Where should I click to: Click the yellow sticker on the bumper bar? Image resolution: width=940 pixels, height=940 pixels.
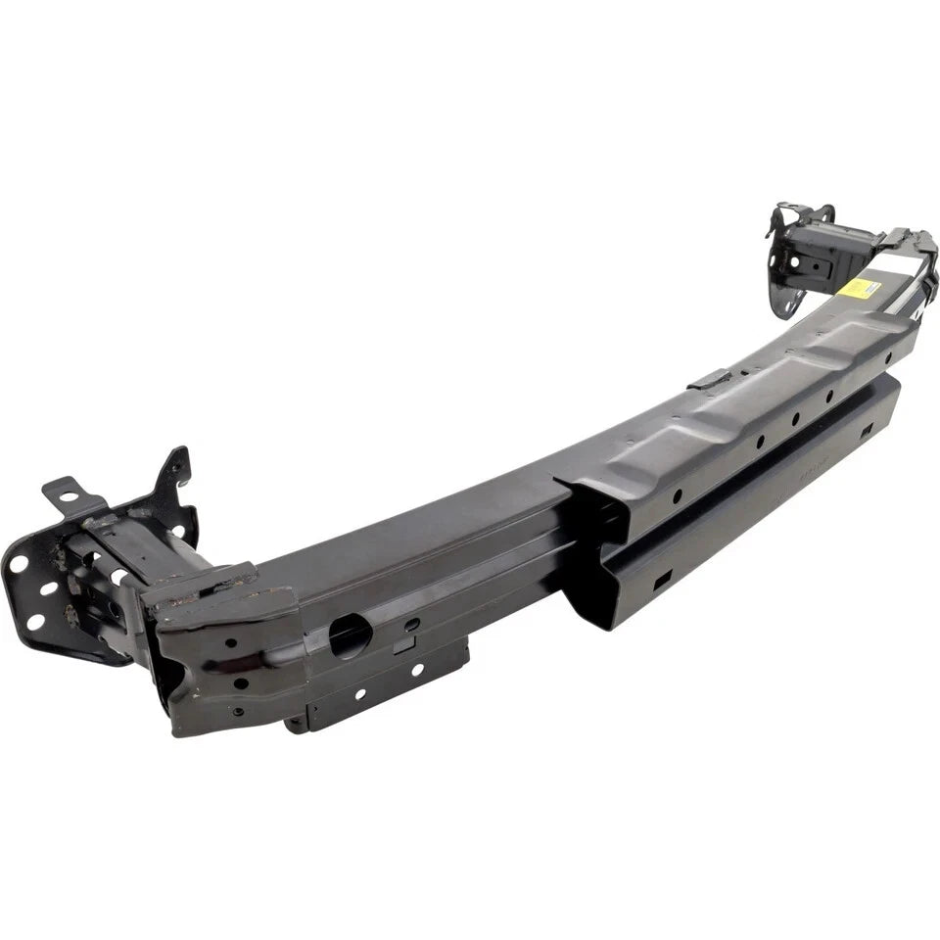click(x=859, y=287)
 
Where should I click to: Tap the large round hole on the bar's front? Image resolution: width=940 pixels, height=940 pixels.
click(x=350, y=636)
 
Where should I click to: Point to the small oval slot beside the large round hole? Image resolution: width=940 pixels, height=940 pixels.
click(x=412, y=623)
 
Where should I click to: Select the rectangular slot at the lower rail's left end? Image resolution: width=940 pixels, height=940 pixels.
click(x=663, y=582)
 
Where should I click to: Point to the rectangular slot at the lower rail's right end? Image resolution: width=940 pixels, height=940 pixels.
click(x=867, y=429)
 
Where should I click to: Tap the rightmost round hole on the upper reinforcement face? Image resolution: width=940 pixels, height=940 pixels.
click(x=829, y=396)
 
